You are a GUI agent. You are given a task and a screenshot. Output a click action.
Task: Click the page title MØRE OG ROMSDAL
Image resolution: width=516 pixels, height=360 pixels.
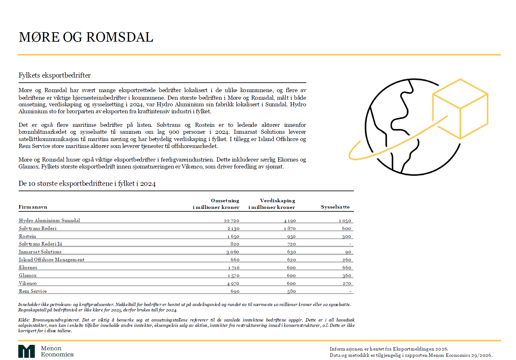tap(86, 37)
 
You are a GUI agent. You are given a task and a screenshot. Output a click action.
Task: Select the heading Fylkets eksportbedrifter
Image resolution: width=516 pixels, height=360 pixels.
tap(55, 75)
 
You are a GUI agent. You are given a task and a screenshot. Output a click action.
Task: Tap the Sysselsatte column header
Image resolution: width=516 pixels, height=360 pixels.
tap(335, 207)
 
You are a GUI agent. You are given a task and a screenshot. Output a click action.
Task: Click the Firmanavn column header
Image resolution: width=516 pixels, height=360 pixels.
tap(33, 207)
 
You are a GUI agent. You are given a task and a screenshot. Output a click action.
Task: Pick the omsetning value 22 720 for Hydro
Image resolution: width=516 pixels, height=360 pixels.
tap(232, 221)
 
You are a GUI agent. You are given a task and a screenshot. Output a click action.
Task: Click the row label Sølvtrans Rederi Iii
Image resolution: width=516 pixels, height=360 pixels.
tap(40, 244)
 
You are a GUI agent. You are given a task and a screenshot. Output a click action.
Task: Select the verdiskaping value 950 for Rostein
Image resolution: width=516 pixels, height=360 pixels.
tap(291, 236)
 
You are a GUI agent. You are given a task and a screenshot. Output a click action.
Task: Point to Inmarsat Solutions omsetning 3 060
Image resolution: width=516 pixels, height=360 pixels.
tap(232, 252)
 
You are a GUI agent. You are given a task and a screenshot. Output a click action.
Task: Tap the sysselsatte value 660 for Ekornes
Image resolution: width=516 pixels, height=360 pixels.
tap(346, 268)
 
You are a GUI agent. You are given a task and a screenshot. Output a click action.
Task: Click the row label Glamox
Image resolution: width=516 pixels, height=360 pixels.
tap(28, 275)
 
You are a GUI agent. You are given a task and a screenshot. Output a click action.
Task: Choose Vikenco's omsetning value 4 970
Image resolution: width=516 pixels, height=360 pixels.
tap(233, 283)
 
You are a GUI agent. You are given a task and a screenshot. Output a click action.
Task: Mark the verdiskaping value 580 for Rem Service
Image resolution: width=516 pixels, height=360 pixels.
tap(291, 291)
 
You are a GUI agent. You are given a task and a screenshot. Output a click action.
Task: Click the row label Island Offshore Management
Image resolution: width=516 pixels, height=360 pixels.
tap(51, 260)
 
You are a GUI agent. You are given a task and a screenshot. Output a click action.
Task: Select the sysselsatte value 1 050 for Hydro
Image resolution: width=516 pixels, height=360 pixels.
tap(345, 221)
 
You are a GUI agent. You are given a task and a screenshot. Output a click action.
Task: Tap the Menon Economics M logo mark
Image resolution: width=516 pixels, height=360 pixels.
tap(26, 351)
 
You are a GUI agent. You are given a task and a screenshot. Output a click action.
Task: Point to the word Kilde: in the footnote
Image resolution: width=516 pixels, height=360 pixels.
tap(24, 320)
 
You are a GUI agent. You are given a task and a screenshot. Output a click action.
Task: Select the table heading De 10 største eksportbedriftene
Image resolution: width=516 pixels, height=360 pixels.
tap(87, 184)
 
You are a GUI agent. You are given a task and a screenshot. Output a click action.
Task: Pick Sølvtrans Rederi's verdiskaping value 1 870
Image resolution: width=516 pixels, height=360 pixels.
tap(290, 228)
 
